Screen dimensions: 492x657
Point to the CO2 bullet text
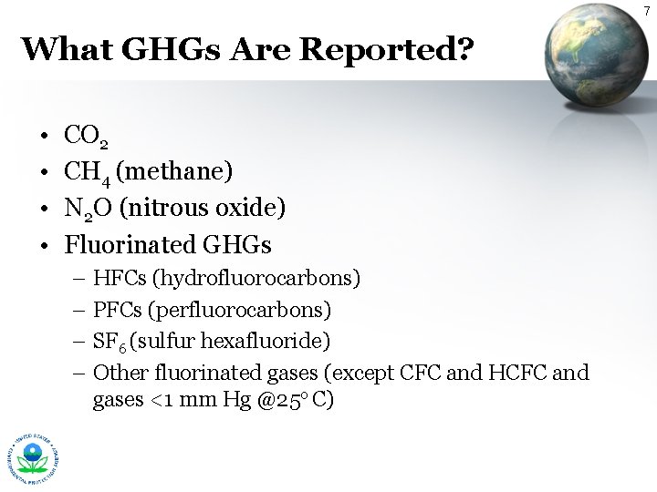pos(88,138)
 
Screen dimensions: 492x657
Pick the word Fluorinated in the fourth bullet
pos(130,244)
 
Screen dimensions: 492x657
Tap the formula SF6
pos(109,342)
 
